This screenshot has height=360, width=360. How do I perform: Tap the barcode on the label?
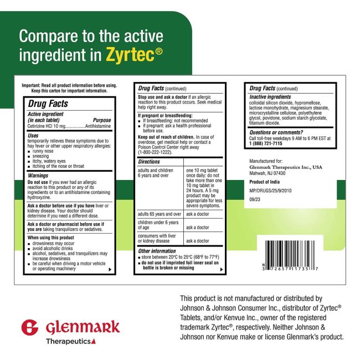coord(290,255)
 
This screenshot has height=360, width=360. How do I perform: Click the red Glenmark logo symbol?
coord(29,327)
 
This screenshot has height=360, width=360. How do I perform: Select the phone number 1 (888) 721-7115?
coord(266,143)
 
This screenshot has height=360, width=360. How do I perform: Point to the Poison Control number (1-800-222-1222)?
coord(155,152)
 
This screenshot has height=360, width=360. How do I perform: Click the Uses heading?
coord(33,136)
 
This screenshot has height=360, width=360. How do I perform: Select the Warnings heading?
coord(38,176)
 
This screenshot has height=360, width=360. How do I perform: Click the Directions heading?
coord(149,162)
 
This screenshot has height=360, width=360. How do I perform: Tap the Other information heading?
coord(157,251)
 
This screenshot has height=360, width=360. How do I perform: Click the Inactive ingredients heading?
coord(270,97)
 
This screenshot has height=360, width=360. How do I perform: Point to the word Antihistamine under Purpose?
coord(98,126)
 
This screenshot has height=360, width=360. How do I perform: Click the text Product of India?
coord(265,182)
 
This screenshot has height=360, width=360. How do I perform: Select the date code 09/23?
coord(255,199)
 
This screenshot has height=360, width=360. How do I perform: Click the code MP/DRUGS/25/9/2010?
coord(270,191)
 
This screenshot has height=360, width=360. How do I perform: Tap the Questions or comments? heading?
coord(276,132)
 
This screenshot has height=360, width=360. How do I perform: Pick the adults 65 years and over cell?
coord(160,214)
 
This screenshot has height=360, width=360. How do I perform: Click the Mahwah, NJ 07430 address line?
coord(268,173)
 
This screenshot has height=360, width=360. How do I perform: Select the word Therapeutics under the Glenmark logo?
coord(68,341)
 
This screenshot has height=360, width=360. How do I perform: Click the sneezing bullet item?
coord(38,156)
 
